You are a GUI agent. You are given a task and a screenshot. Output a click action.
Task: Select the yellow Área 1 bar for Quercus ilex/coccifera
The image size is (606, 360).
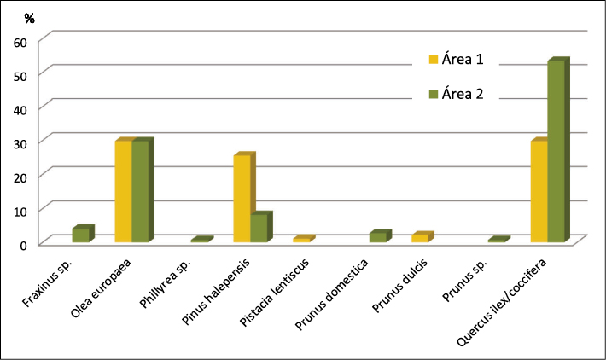539,192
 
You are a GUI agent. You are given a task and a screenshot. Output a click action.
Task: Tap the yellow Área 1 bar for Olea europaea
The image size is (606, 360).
123,192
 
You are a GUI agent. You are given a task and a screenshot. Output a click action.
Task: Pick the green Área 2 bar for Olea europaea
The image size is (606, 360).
140,192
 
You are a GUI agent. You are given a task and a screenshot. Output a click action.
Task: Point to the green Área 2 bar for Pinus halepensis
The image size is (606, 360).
259,228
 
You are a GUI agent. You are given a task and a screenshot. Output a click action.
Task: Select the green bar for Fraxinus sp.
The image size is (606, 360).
80,235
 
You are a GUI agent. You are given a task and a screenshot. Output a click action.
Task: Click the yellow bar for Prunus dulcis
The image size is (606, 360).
420,238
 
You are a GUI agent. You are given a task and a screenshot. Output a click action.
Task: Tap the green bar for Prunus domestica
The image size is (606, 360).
377,237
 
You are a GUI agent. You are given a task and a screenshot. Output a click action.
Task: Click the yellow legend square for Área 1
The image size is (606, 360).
433,60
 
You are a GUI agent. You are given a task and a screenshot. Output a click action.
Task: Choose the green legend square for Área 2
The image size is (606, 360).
433,95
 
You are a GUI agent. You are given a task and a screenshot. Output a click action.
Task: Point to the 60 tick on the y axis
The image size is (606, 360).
21,41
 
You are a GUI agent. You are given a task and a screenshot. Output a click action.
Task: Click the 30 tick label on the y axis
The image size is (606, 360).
21,142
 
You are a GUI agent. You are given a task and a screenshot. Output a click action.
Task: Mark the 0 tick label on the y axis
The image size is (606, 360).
26,244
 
